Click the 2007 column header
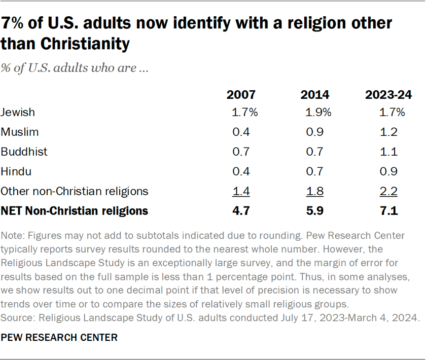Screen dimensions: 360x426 (241, 95)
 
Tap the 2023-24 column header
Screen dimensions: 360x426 (388, 95)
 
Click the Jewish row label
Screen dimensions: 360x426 (18, 113)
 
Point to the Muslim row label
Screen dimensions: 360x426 (20, 132)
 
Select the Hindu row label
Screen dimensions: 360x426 (16, 171)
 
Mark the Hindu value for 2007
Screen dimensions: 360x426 (241, 171)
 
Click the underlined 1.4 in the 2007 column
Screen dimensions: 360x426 (241, 191)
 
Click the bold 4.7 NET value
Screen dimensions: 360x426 (241, 210)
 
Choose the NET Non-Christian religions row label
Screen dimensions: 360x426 (75, 210)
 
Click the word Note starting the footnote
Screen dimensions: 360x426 (12, 236)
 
